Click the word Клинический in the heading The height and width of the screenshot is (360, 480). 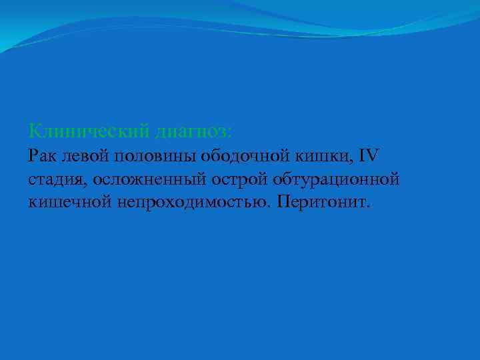[89, 129]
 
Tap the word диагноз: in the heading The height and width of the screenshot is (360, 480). [194, 129]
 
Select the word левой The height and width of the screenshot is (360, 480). [87, 156]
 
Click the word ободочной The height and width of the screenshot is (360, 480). [243, 156]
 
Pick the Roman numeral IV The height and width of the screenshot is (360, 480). [368, 156]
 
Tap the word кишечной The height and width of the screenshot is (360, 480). [69, 201]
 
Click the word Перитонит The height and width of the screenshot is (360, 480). [323, 201]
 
